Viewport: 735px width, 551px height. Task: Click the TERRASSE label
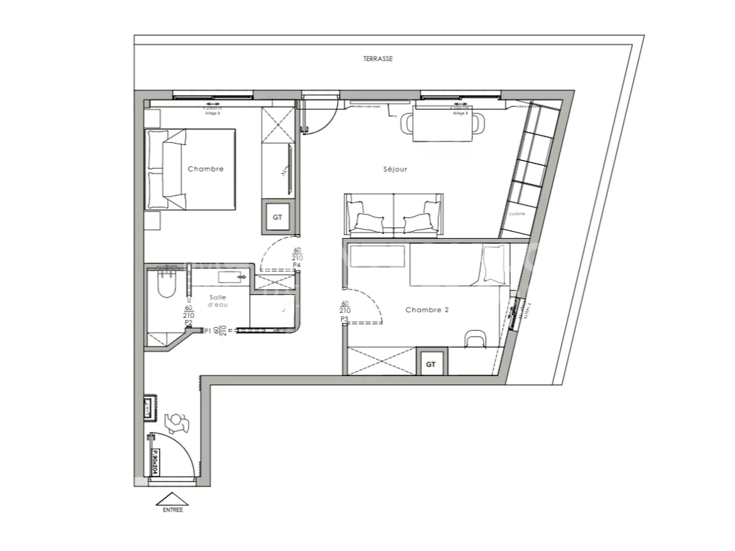[x=378, y=60]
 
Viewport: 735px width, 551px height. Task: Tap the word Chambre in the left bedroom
[x=205, y=169]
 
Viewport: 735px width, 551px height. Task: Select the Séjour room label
[x=395, y=170]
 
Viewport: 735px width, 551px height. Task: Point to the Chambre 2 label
[x=427, y=310]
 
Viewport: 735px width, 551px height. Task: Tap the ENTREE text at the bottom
[x=172, y=510]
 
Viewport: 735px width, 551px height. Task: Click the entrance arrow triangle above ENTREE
[x=172, y=499]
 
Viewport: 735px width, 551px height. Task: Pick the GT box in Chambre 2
[x=431, y=364]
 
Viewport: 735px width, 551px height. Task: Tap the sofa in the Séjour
[x=393, y=215]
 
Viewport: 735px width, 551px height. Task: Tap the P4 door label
[x=296, y=265]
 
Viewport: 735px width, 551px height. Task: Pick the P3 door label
[x=345, y=319]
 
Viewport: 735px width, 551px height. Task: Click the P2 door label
[x=188, y=323]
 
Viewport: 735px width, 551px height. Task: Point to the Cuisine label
[x=517, y=214]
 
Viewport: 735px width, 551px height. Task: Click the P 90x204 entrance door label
[x=154, y=463]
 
